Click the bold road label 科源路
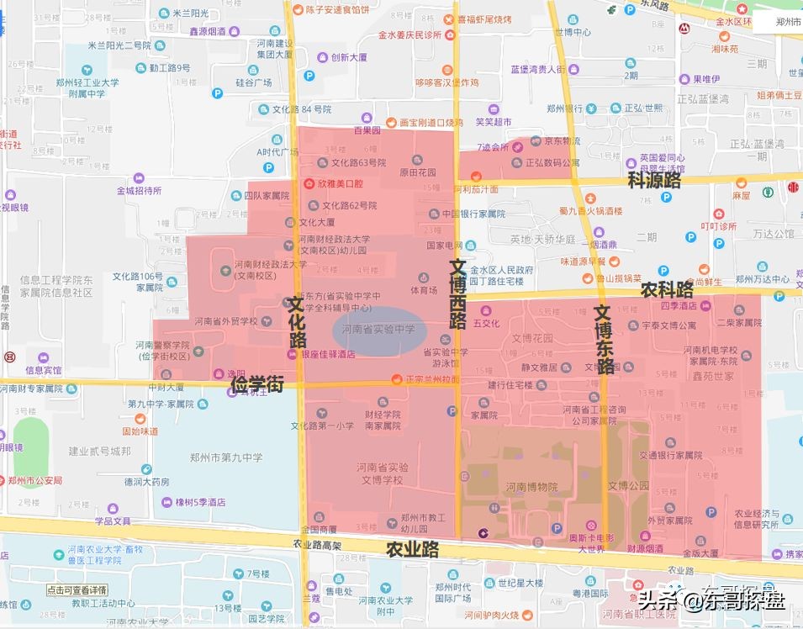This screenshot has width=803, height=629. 654,180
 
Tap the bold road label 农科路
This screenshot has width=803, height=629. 667,289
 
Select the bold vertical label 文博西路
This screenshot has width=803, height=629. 457,293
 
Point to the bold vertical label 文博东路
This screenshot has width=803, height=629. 604,339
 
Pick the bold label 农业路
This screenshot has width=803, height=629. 412,550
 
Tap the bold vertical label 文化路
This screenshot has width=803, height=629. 297,320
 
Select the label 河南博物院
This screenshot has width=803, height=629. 531,487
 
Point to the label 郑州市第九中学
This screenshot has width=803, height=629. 230,457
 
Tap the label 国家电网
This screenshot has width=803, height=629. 445,246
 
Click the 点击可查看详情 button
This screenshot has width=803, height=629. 77,589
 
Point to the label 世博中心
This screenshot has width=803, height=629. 573,32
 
